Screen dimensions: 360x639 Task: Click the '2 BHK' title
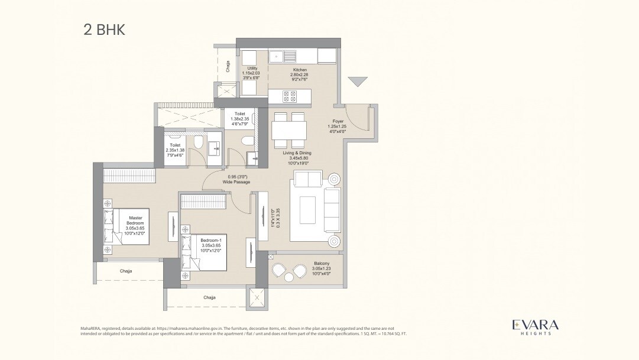(x=104, y=30)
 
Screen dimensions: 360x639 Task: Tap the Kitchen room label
(x=300, y=75)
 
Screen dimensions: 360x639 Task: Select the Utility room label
(x=252, y=74)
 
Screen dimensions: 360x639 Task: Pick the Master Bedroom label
(x=135, y=222)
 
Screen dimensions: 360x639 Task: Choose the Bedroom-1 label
(x=210, y=245)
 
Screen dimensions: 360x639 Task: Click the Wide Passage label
(x=236, y=179)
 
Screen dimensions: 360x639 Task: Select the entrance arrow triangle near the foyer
(x=358, y=82)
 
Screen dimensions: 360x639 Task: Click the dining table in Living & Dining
(x=289, y=129)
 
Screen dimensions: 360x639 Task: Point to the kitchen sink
(x=284, y=57)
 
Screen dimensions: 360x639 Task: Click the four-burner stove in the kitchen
(x=290, y=96)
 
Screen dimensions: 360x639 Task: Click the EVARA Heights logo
(x=535, y=327)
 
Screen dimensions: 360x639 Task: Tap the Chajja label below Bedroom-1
(x=209, y=297)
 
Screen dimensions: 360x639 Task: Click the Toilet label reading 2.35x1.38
(x=175, y=150)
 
